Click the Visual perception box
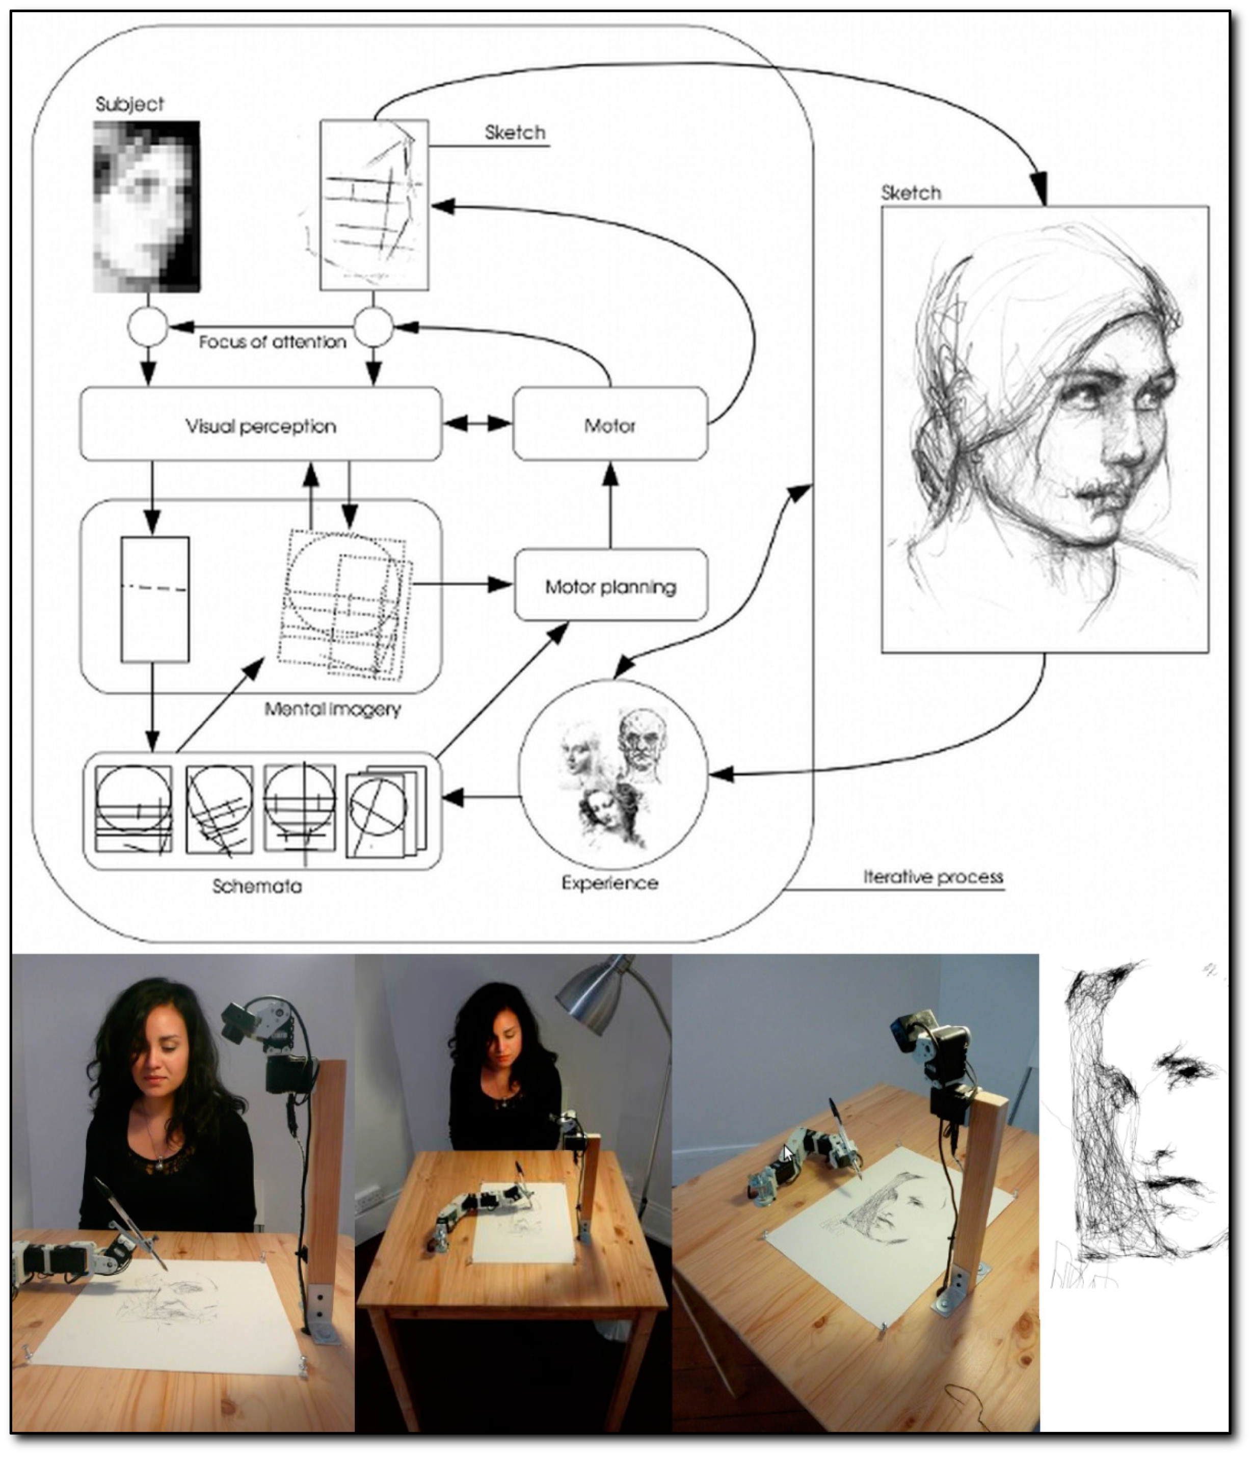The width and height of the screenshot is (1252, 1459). (x=260, y=424)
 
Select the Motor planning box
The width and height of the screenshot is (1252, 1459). (x=610, y=585)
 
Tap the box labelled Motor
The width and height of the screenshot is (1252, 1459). (x=610, y=424)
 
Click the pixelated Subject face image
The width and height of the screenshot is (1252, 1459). (x=146, y=206)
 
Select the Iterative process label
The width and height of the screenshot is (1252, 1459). (x=933, y=877)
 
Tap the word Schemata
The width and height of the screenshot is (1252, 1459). (x=257, y=886)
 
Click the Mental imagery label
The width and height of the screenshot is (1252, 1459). (x=332, y=709)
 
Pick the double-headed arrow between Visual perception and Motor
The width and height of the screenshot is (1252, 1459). (x=477, y=423)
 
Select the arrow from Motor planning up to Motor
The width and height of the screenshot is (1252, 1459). (x=610, y=505)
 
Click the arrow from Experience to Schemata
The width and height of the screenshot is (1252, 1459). (x=481, y=797)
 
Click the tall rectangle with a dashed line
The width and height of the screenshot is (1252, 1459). (x=155, y=599)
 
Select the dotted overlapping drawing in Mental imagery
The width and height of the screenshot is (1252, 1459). (x=345, y=604)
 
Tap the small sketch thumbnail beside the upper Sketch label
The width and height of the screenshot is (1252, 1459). (x=374, y=205)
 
